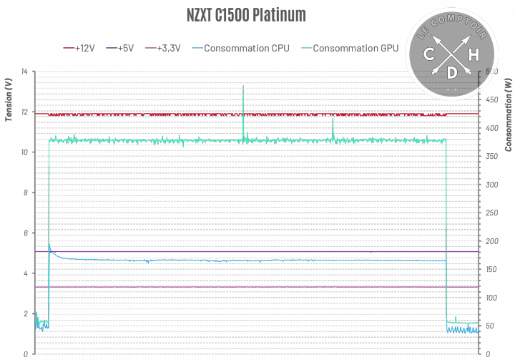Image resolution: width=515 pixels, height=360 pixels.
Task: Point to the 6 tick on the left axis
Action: click(x=26, y=233)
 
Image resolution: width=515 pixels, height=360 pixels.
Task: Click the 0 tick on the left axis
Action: click(x=26, y=354)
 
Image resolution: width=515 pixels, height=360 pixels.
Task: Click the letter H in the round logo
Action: click(x=474, y=54)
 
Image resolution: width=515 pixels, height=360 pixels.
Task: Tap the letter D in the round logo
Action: click(x=451, y=72)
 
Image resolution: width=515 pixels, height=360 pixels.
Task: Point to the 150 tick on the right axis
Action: click(x=492, y=269)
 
